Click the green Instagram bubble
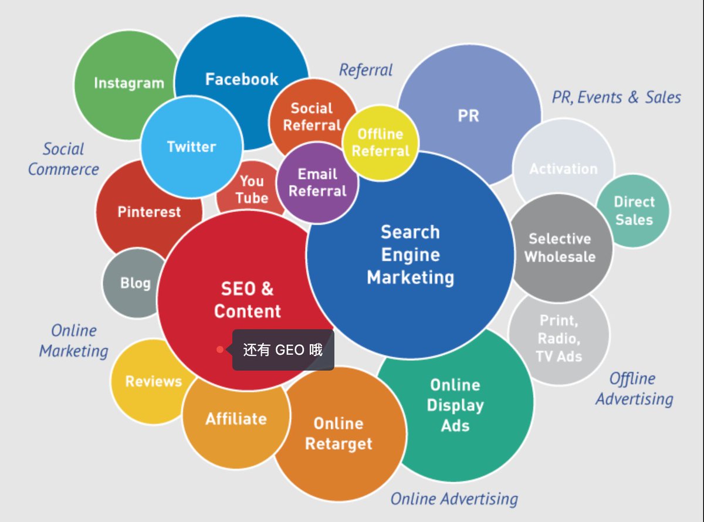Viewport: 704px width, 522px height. [126, 84]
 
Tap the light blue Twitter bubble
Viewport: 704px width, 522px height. [191, 147]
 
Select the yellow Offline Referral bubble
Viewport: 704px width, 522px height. [380, 143]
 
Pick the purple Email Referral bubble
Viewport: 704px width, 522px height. [317, 182]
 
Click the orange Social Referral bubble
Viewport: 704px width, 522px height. [312, 116]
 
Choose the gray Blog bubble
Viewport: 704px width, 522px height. [134, 283]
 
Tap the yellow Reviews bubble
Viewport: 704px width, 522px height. [153, 381]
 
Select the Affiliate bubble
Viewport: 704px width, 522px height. [235, 419]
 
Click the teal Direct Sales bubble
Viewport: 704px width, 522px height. [633, 211]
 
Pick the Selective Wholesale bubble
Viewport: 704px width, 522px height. [560, 248]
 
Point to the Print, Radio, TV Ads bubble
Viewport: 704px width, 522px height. [558, 338]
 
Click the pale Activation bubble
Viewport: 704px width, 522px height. [563, 168]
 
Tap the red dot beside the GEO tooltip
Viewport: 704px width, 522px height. [220, 350]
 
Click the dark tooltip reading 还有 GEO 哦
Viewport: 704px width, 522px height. [283, 350]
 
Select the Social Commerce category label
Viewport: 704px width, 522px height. [63, 159]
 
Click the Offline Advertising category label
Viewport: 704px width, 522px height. [634, 389]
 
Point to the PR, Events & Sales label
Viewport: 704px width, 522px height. [616, 97]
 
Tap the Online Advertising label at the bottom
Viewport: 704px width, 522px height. [454, 499]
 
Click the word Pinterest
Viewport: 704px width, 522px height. [149, 212]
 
